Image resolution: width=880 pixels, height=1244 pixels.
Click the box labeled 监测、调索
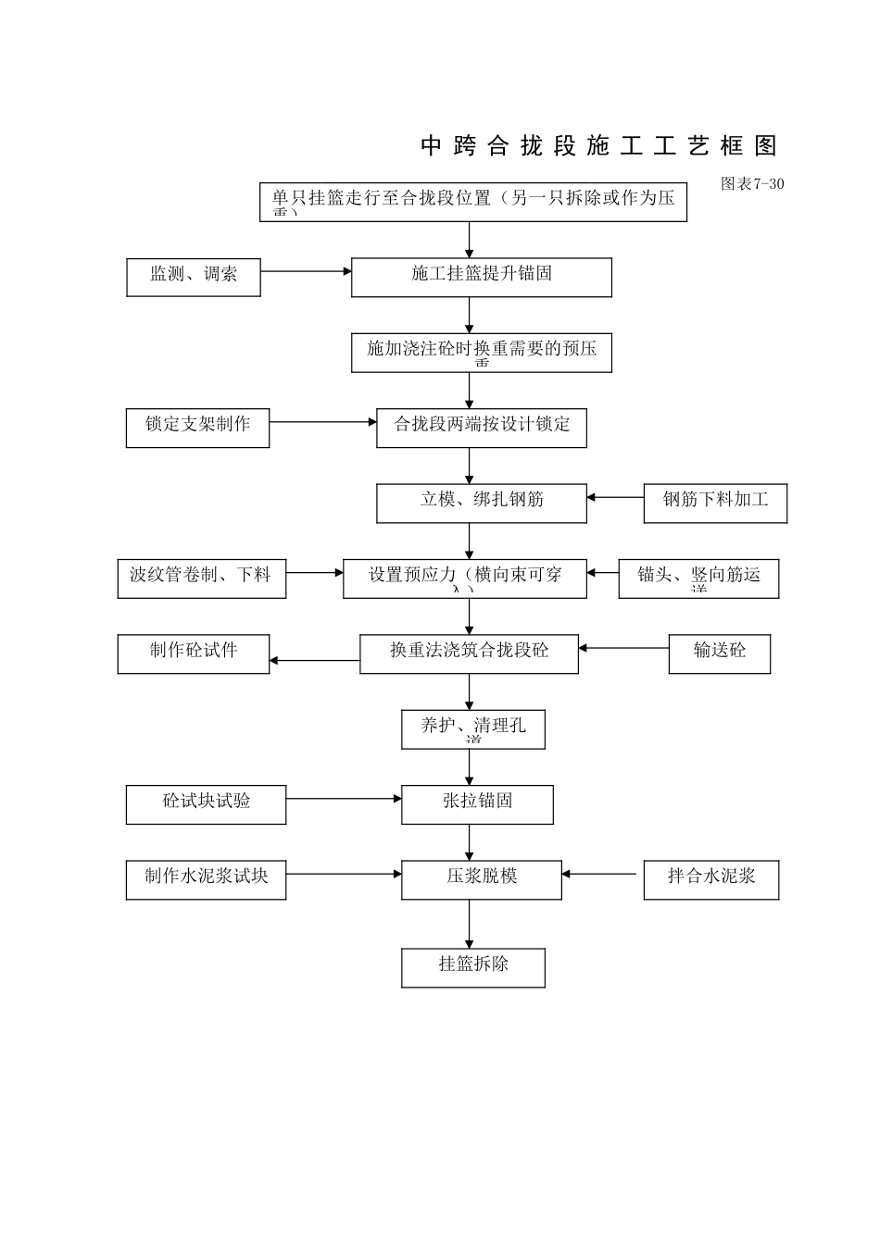pyautogui.click(x=193, y=277)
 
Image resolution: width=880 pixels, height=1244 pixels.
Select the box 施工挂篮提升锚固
pyautogui.click(x=481, y=277)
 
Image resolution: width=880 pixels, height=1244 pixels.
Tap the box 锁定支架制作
pyautogui.click(x=197, y=428)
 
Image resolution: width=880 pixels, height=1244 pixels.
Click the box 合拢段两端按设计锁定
pyautogui.click(x=481, y=428)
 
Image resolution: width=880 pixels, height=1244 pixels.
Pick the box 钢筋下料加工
pyautogui.click(x=715, y=503)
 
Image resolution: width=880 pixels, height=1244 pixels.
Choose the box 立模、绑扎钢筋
pyautogui.click(x=481, y=503)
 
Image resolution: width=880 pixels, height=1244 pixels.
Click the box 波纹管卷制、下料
pyautogui.click(x=201, y=578)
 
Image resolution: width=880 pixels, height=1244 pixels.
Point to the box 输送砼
pyautogui.click(x=719, y=653)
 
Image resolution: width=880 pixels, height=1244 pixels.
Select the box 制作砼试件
pyautogui.click(x=193, y=653)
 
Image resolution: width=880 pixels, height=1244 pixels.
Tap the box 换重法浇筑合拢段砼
pyautogui.click(x=469, y=653)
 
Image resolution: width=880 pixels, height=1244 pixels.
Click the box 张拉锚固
pyautogui.click(x=477, y=804)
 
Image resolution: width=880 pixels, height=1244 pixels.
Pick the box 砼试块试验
pyautogui.click(x=206, y=804)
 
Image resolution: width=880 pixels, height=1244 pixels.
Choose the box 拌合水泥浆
pyautogui.click(x=710, y=879)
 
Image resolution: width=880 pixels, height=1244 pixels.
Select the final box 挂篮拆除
pyautogui.click(x=472, y=967)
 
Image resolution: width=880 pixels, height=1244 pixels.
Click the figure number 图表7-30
pyautogui.click(x=752, y=183)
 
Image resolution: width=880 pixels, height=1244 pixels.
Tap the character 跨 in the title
pyautogui.click(x=464, y=145)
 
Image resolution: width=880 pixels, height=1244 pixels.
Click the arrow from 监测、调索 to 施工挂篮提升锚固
pyautogui.click(x=306, y=271)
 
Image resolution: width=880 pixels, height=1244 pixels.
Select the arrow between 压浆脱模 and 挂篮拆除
pyautogui.click(x=469, y=923)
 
